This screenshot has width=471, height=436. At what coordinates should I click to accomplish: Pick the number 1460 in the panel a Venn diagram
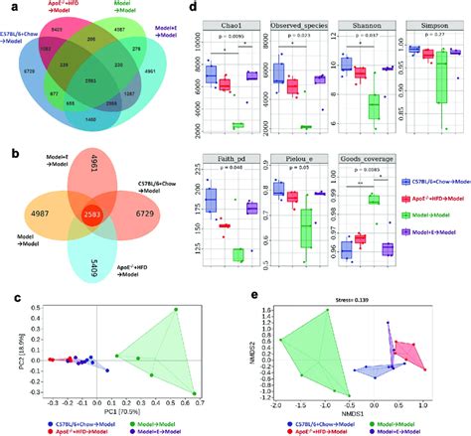tap(90, 118)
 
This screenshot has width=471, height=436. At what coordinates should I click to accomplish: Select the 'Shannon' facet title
tap(355, 21)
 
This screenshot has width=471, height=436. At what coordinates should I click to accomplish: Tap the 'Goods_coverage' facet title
tap(364, 157)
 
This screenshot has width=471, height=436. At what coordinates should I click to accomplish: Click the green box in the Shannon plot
tap(374, 104)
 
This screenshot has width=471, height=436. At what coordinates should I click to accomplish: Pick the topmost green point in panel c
tap(175, 310)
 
